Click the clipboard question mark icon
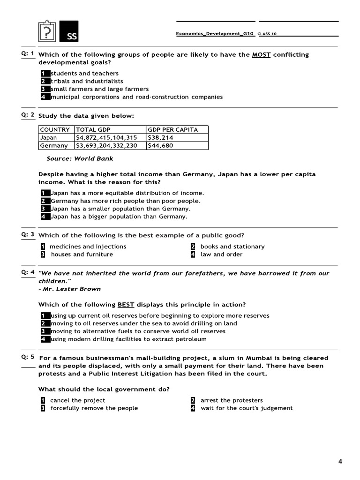46,32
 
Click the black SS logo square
69,32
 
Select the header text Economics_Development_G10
215,34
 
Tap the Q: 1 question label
28,53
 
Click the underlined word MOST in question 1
261,55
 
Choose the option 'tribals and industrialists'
87,81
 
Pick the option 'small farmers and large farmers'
99,89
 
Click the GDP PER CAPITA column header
172,130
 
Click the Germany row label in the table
54,146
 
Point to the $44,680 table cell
160,146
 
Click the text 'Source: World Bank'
80,159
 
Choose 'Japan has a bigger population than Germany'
119,217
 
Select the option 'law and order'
221,255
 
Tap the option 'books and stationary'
232,247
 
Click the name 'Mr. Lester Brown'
71,289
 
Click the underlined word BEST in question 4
126,305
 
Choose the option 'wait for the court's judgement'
247,408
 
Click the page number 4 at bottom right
340,462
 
